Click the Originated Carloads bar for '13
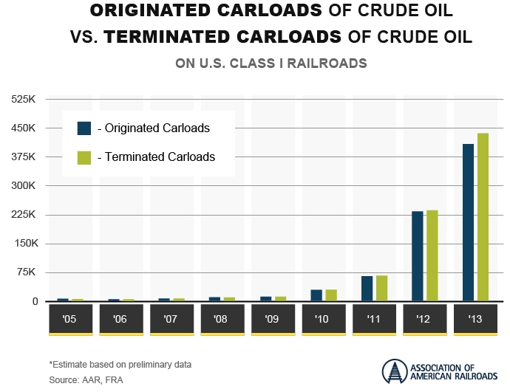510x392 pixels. [468, 222]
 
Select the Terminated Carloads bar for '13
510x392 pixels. [483, 217]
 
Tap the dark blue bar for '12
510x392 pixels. [418, 256]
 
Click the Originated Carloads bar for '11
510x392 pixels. [367, 289]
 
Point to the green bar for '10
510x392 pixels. [331, 295]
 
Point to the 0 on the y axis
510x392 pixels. [34, 301]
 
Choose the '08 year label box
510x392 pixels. [220, 320]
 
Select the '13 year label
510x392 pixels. [475, 320]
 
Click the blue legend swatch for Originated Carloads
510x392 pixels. [84, 128]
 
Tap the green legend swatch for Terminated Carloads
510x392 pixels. [84, 157]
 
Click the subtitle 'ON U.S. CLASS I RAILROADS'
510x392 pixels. [271, 63]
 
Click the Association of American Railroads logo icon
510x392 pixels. [395, 372]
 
